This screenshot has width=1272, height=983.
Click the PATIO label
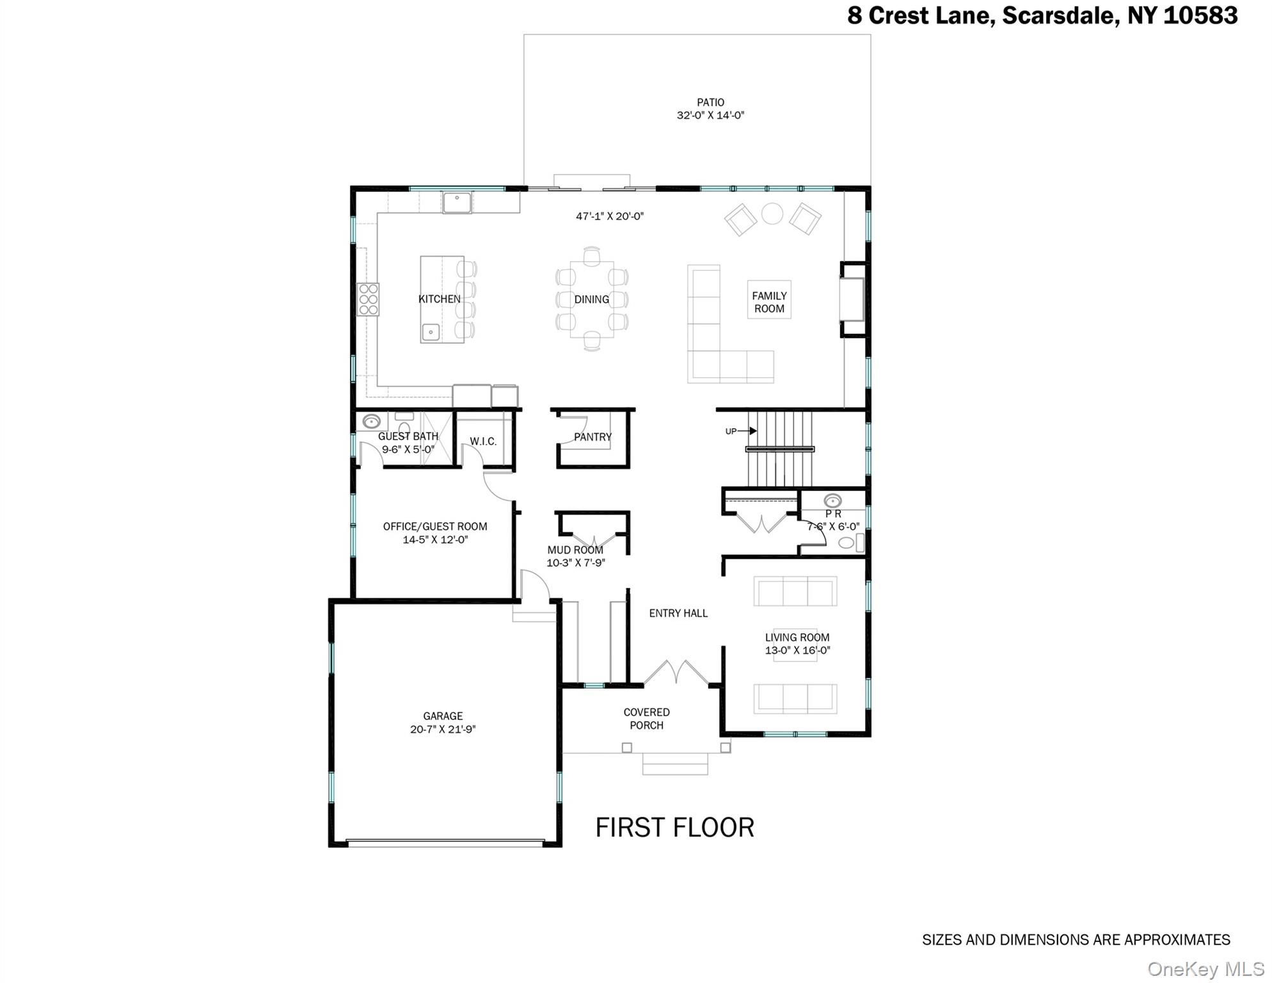[710, 102]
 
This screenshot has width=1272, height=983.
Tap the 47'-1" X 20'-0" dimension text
[609, 216]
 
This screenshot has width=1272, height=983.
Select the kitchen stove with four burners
[369, 300]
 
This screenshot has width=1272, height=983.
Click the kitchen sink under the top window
[457, 203]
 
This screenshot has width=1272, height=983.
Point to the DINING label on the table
[591, 299]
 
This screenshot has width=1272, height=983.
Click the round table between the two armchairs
[772, 214]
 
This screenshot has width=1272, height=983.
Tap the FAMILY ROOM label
[769, 302]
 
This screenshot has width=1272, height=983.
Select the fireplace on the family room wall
[852, 300]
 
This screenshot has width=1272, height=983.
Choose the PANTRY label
[592, 437]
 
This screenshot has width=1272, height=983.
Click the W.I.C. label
[483, 442]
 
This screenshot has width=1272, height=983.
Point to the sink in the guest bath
[372, 422]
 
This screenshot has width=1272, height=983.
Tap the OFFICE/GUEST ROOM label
[435, 527]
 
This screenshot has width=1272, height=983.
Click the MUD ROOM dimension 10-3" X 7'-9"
[575, 563]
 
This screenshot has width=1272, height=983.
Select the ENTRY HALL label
[678, 613]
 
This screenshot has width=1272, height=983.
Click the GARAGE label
[443, 716]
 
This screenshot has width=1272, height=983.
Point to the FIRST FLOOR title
[674, 827]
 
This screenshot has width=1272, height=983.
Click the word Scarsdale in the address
[1060, 15]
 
